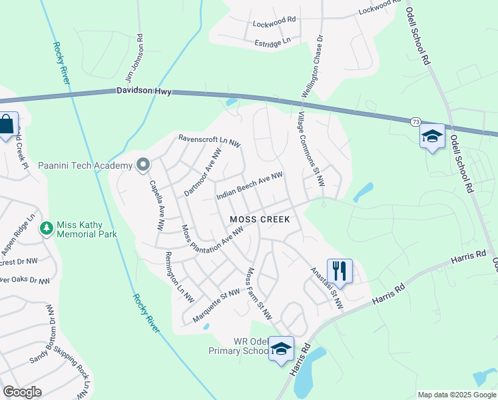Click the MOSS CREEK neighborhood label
(260, 219)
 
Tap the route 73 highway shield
(415, 122)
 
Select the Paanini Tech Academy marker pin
(142, 165)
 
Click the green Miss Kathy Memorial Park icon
(47, 229)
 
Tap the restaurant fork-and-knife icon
(340, 270)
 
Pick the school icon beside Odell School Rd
(431, 137)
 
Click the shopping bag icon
(6, 125)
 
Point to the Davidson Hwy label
(144, 91)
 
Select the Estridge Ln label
(273, 41)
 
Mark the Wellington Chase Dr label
(314, 67)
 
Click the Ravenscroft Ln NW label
(209, 141)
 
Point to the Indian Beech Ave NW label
(250, 186)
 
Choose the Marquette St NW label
(215, 302)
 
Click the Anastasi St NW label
(326, 289)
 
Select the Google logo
(23, 392)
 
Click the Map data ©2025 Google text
(456, 395)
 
